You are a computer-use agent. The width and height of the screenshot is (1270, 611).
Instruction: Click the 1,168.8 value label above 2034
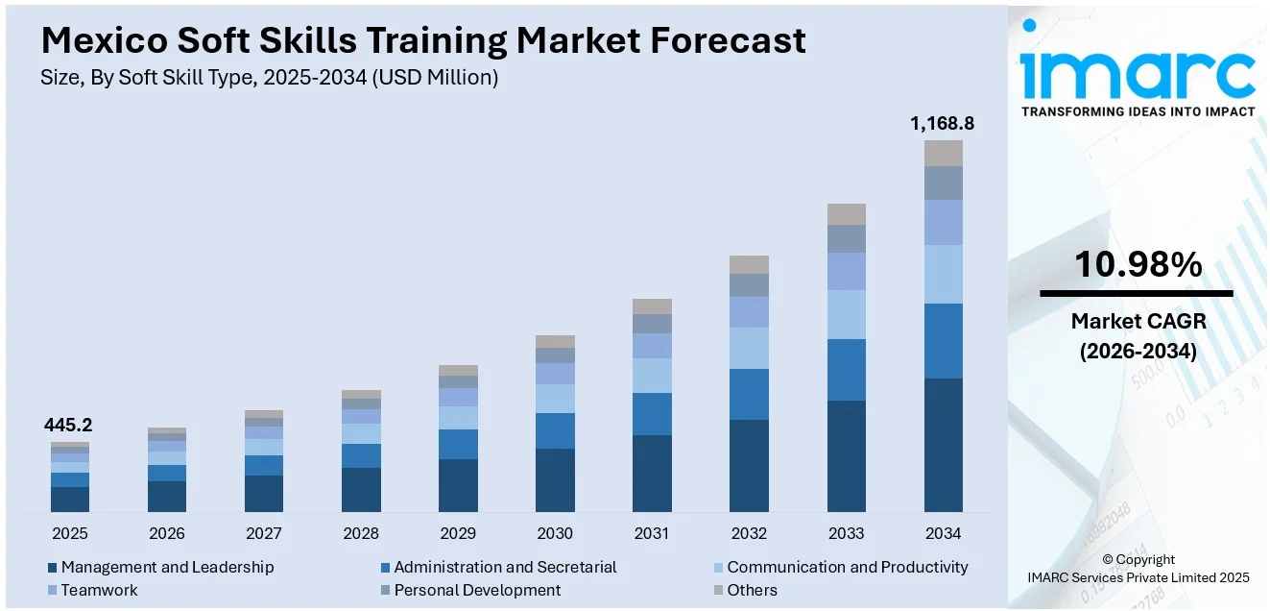(942, 124)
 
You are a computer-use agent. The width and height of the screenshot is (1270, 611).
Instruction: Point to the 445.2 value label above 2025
(69, 426)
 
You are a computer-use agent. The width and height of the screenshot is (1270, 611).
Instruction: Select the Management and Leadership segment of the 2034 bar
(943, 445)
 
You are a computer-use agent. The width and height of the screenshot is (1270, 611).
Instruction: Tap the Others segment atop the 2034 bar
(943, 153)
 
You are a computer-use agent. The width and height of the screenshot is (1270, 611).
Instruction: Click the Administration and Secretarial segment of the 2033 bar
(846, 370)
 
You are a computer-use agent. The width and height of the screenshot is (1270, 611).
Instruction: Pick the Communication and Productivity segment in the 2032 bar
(749, 348)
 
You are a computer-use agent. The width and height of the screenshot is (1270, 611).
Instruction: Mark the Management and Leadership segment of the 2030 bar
(555, 479)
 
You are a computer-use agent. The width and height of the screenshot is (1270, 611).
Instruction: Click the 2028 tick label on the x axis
(361, 533)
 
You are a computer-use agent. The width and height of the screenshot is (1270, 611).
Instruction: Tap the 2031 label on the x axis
(652, 533)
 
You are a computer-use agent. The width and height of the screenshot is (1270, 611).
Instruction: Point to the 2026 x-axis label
(167, 533)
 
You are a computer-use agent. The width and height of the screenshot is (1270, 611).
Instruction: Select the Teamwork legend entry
(99, 590)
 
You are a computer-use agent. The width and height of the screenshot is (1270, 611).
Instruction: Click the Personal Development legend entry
(477, 590)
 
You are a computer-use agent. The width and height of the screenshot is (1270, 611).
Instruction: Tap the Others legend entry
(752, 590)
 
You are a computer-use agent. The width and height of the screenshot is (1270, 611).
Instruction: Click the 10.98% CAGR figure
(1137, 265)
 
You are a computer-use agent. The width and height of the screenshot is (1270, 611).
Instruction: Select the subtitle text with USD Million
(269, 78)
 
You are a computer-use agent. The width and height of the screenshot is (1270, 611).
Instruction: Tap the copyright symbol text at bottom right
(1138, 559)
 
